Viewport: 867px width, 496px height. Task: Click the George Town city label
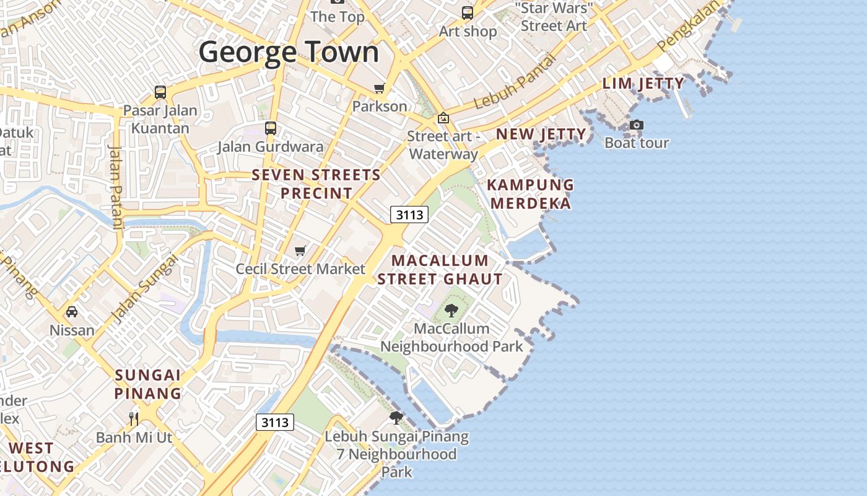[289, 52]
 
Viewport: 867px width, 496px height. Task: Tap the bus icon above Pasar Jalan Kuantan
[160, 92]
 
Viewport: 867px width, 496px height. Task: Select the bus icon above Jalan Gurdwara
[271, 128]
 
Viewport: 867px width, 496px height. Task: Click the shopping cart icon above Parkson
[379, 88]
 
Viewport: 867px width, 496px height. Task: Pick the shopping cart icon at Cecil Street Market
[300, 250]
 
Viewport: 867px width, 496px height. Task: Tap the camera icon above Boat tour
[637, 125]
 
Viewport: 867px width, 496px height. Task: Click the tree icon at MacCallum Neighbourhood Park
[451, 310]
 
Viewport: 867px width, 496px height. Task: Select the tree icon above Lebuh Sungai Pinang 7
[396, 418]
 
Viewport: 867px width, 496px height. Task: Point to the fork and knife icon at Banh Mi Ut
[134, 418]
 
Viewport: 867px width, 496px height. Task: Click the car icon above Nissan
[72, 311]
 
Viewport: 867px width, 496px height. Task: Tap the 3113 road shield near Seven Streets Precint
[410, 215]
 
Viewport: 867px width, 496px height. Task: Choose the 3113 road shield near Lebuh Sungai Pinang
[275, 422]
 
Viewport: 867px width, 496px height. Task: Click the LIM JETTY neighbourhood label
[643, 84]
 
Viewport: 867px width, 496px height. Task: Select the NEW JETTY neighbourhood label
[541, 135]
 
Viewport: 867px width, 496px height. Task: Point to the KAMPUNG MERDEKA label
[531, 194]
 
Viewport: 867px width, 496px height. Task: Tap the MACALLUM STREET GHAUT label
[440, 270]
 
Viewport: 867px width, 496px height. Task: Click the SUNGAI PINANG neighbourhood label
[148, 384]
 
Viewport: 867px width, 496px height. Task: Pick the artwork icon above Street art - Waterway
[443, 118]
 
